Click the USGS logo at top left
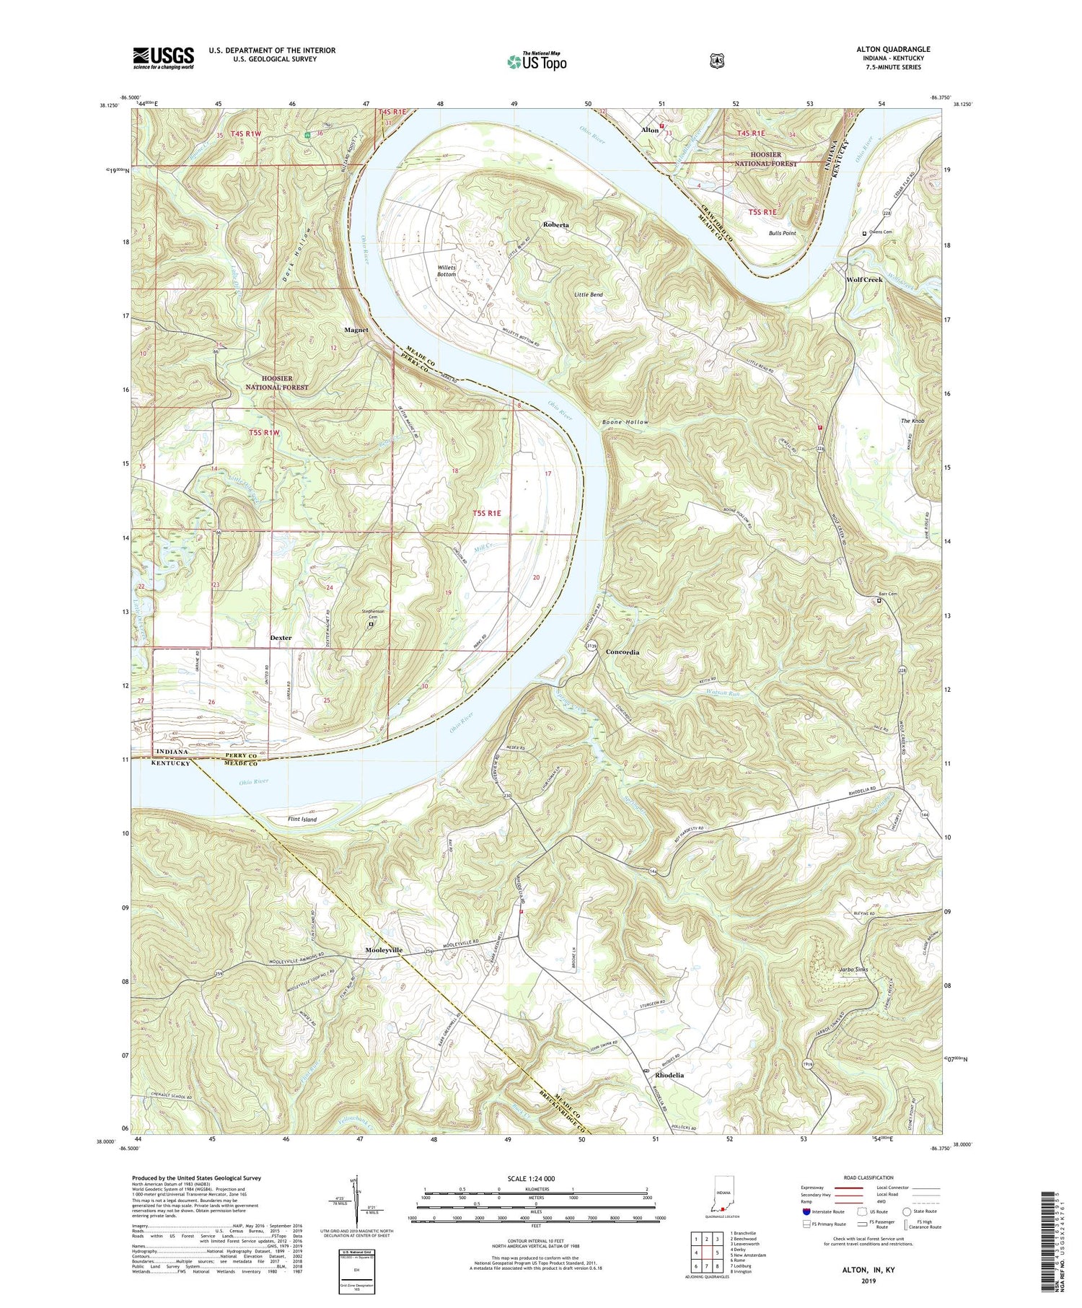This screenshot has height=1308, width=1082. (x=163, y=58)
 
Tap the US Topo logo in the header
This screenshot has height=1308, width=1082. (x=537, y=61)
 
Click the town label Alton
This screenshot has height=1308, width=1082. (x=649, y=131)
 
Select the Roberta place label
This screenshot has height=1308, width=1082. (x=556, y=225)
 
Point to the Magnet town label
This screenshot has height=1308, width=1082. (x=356, y=330)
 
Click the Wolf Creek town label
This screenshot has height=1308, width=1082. (x=864, y=280)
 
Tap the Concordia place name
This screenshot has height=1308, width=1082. (x=623, y=652)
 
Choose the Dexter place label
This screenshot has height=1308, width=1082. (x=281, y=638)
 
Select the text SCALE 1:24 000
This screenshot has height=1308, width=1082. (x=535, y=1178)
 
